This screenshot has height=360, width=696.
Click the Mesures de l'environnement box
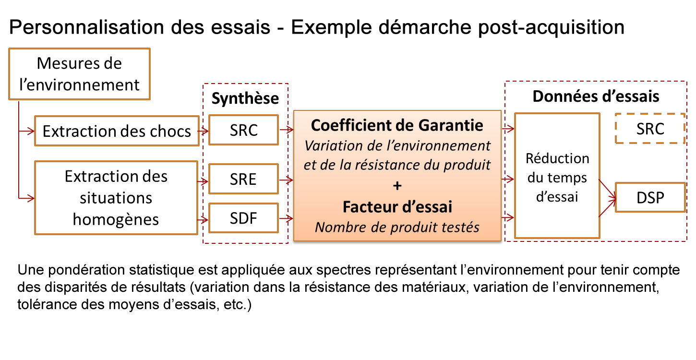coord(80,74)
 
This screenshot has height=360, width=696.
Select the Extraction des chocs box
coord(117,131)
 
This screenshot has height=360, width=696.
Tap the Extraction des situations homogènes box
coord(116,198)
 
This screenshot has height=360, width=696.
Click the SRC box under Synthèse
coord(244,130)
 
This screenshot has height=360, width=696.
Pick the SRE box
coord(244,179)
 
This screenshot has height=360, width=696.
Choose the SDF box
coord(244,218)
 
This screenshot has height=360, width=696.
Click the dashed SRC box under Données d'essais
coord(650,129)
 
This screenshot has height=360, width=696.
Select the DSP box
coord(650,198)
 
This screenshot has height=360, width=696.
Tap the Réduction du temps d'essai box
coord(557,176)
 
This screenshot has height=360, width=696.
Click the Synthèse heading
coord(245,98)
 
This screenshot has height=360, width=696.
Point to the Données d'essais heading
coord(596,96)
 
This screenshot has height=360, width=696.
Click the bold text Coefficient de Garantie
coord(397,125)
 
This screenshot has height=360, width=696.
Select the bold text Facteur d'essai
coord(397,206)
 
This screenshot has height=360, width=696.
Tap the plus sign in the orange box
coord(397,186)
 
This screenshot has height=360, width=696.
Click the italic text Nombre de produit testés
coord(397,227)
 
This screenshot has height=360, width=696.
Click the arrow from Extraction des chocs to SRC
coord(203,131)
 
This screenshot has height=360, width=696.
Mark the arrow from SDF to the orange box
coord(286,218)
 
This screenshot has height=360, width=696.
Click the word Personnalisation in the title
coord(86,27)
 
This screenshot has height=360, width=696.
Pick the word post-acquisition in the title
coord(551,27)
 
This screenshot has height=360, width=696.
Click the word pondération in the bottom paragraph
coord(86,270)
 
